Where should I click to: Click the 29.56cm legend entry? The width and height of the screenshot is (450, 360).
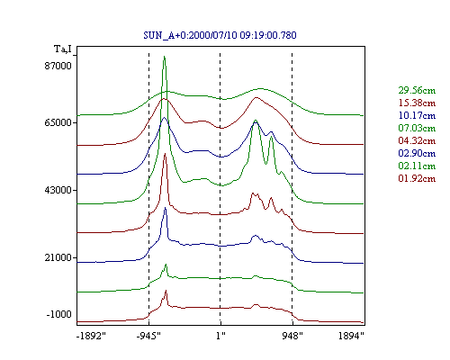[417, 90]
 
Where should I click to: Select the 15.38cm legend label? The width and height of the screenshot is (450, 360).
[417, 103]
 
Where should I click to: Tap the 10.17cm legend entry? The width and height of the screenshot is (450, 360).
[417, 115]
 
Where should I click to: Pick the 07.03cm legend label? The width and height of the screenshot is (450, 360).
[417, 128]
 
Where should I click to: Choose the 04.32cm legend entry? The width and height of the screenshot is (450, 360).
[417, 140]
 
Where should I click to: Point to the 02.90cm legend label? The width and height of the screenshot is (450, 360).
[417, 153]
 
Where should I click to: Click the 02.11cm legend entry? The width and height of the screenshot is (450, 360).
[417, 166]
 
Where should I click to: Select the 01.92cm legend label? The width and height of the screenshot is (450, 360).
[417, 178]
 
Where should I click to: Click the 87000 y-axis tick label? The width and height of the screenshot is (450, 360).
[58, 66]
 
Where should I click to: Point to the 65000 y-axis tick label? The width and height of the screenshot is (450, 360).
[58, 122]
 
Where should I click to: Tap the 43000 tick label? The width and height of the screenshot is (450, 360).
[58, 190]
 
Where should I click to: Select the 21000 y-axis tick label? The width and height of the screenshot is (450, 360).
[58, 257]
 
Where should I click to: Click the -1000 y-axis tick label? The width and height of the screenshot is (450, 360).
[59, 314]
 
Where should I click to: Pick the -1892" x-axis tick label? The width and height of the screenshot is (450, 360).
[91, 336]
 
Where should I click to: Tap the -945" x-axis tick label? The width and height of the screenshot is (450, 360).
[148, 336]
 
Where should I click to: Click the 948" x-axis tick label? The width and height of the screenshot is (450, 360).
[292, 336]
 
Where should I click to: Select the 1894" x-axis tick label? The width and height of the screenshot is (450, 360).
[351, 336]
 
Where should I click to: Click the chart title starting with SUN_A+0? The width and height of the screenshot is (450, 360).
[220, 35]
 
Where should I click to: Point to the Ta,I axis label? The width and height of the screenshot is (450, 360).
[63, 49]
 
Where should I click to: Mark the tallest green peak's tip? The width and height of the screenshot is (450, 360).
[164, 56]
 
